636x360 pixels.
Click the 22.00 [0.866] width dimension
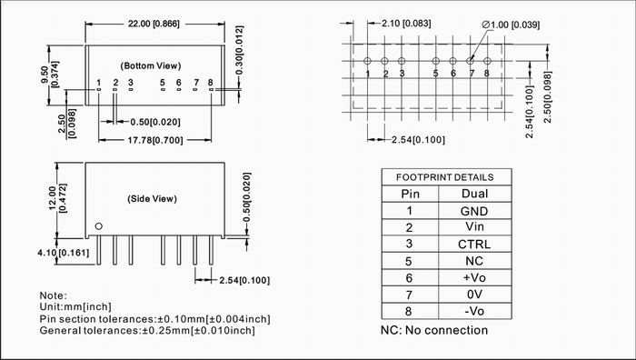click(154, 24)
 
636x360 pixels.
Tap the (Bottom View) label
click(151, 65)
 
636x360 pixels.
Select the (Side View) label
click(152, 199)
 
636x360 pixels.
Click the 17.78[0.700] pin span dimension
click(155, 140)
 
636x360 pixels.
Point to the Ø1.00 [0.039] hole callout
click(511, 25)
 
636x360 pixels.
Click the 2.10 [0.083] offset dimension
click(406, 24)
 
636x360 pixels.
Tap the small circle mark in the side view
click(98, 226)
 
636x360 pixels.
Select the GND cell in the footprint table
click(474, 211)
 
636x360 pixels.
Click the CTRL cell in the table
click(474, 245)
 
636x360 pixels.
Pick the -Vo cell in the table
click(474, 311)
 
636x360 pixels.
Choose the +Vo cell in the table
click(474, 277)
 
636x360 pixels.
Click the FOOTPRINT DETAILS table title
click(445, 177)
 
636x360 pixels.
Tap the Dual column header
click(474, 194)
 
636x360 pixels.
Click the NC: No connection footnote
click(434, 330)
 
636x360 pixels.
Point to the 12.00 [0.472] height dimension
click(57, 198)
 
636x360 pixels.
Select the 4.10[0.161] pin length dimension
click(63, 253)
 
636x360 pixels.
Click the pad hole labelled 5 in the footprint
click(435, 61)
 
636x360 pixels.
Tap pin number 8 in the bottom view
click(210, 83)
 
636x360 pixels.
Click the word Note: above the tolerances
click(53, 295)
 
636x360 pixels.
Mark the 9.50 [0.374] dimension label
click(49, 75)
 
